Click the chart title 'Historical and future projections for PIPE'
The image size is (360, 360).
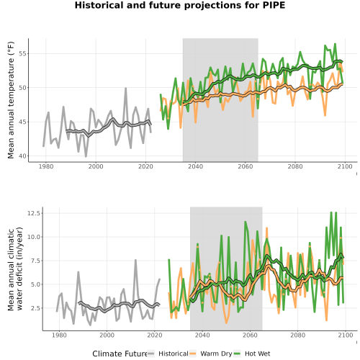point(180,5)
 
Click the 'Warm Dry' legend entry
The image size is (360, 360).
point(216,354)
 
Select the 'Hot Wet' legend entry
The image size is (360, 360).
point(257,354)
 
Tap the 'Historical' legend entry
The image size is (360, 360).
point(174,354)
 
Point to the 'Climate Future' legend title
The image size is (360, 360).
point(120,354)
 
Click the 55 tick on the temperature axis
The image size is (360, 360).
point(22,53)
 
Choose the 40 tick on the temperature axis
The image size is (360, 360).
point(22,156)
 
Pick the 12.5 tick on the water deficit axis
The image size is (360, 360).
point(35,213)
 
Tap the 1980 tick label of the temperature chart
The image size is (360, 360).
point(46,166)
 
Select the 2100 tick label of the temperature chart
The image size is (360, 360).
point(345,166)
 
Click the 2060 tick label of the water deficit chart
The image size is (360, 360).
point(250,335)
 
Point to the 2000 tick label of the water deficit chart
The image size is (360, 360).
point(107,335)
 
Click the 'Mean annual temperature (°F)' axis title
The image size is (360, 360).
point(11,100)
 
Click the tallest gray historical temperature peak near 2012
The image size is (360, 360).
point(125,89)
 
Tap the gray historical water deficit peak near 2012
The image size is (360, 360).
point(135,260)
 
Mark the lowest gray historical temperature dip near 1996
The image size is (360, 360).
point(86,156)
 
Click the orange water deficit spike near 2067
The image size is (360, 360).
point(266,228)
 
